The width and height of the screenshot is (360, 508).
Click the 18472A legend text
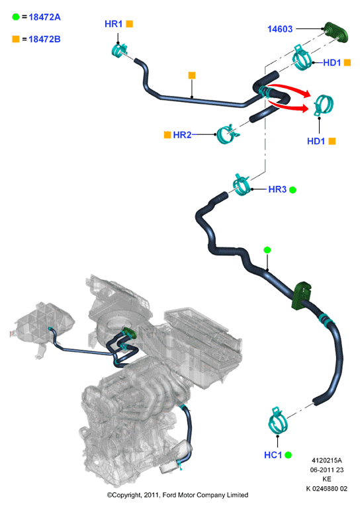[45, 17]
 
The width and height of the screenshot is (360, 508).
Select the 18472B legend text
[45, 39]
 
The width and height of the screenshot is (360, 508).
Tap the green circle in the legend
[16, 17]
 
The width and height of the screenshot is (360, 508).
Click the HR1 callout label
[113, 24]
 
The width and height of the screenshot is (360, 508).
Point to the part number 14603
[280, 29]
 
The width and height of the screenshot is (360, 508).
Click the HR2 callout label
[182, 135]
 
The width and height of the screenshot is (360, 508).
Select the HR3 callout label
[277, 190]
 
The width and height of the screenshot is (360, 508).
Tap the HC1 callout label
[273, 455]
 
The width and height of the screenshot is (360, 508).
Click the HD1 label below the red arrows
[316, 142]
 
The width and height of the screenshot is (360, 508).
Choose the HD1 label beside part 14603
[332, 63]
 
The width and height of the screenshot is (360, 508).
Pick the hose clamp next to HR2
[227, 134]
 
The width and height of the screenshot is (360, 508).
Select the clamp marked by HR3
[242, 185]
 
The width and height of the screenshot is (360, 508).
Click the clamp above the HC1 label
[278, 421]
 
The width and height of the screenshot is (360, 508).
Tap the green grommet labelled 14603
[337, 32]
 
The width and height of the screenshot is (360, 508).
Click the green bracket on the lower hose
[301, 296]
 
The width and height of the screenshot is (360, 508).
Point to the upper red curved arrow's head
[306, 93]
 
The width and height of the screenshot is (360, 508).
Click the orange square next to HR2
[167, 135]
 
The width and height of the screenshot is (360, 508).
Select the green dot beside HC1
[288, 455]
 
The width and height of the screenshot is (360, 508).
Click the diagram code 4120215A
[327, 460]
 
